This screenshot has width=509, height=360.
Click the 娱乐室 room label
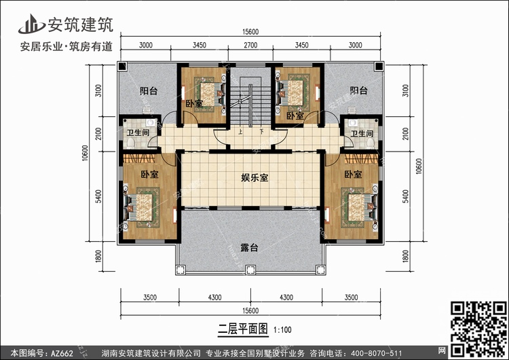pyautogui.click(x=254, y=178)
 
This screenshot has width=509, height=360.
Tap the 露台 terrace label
pyautogui.click(x=249, y=247)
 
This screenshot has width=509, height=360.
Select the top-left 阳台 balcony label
pyautogui.click(x=149, y=90)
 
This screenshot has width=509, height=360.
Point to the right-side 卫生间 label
pyautogui.click(x=362, y=134)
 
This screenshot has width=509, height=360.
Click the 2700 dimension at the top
pyautogui.click(x=250, y=45)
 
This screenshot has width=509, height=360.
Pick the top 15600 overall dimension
pyautogui.click(x=250, y=32)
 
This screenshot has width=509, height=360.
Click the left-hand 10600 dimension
pyautogui.click(x=85, y=153)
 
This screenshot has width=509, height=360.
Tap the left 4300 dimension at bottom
pyautogui.click(x=214, y=298)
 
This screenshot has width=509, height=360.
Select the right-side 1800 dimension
pyautogui.click(x=405, y=256)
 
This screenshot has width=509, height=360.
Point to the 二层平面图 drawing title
pyautogui.click(x=243, y=329)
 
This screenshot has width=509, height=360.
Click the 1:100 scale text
pyautogui.click(x=282, y=330)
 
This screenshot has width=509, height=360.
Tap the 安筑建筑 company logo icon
pyautogui.click(x=31, y=24)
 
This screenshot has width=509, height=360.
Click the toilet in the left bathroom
pyautogui.click(x=131, y=143)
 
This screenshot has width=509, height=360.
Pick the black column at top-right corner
pyautogui.click(x=379, y=67)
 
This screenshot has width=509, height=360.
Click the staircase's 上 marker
pyautogui.click(x=240, y=132)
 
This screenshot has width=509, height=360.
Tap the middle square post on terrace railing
pyautogui.click(x=250, y=270)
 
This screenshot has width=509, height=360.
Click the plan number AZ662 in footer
pyautogui.click(x=62, y=353)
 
